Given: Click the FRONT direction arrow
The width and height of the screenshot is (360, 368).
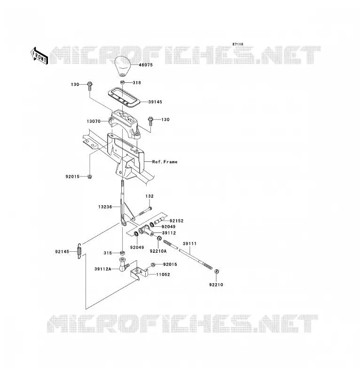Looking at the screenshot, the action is click(39, 56).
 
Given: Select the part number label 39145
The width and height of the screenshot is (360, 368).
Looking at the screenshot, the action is click(155, 102).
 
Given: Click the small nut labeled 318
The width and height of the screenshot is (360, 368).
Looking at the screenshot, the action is click(122, 82).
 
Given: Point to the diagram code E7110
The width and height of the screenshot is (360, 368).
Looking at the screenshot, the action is click(238, 44).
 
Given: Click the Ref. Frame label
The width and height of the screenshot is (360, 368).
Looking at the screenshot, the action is click(165, 162).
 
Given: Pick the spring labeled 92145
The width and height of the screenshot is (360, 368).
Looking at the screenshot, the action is click(79, 251).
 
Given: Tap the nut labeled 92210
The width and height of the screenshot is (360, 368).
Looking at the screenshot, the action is click(217, 272).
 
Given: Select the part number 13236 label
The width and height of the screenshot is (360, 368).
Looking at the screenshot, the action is click(105, 207).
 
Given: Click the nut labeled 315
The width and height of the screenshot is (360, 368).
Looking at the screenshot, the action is click(122, 253).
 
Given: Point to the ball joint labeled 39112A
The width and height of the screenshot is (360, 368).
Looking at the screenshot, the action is click(124, 265).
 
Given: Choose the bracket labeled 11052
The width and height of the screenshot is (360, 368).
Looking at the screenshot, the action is click(140, 272).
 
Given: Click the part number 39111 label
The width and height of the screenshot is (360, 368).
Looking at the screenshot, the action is click(189, 244).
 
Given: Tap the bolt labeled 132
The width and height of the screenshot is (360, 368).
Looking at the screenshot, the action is click(145, 211).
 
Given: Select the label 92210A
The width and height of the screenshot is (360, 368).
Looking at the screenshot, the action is click(158, 251).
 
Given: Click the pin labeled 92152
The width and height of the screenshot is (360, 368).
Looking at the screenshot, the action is click(158, 221).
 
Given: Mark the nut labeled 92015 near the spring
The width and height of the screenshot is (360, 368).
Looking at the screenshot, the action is click(153, 265).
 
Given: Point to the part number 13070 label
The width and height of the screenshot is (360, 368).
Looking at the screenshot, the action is click(94, 121).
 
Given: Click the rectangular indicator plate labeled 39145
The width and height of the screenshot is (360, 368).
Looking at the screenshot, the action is click(124, 97).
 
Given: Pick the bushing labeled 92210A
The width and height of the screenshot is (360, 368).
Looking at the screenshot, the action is click(159, 239).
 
